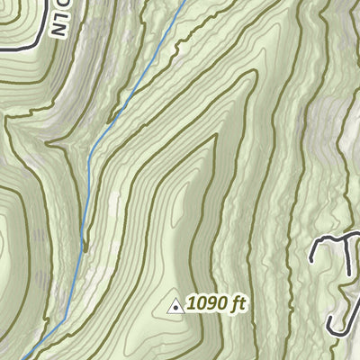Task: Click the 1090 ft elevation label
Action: tap(215, 304)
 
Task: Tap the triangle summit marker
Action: tap(175, 306)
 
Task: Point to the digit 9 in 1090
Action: tap(213, 304)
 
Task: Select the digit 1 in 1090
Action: tap(191, 304)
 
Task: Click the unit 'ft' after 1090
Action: tap(238, 304)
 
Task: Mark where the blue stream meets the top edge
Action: tap(186, 1)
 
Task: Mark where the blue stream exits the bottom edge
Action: tap(22, 358)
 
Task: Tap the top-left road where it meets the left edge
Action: tap(1, 45)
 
